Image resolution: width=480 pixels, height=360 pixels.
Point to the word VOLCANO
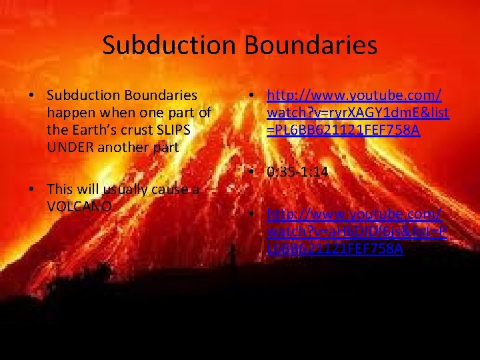79,206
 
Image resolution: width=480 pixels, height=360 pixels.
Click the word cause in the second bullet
173,189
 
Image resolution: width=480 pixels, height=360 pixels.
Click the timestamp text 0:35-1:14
297,171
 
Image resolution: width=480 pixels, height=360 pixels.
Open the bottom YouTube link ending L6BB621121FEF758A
353,231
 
